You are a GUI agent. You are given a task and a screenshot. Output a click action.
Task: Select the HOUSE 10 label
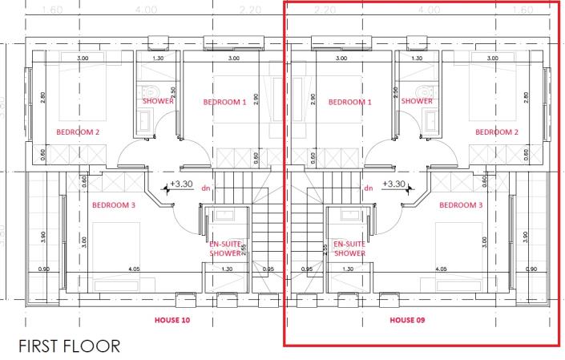click(x=175, y=319)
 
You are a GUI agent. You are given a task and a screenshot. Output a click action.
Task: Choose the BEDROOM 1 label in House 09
click(x=350, y=103)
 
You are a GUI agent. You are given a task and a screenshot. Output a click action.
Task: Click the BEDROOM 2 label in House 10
click(x=78, y=131)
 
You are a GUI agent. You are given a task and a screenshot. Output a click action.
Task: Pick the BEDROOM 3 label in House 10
click(x=115, y=204)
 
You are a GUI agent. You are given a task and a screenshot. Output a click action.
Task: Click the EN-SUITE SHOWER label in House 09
click(x=349, y=248)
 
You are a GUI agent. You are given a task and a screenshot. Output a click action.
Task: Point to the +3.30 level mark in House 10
click(x=181, y=184)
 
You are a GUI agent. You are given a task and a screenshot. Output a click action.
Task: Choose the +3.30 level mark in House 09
click(x=394, y=184)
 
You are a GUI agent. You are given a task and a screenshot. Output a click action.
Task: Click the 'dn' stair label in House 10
click(x=206, y=188)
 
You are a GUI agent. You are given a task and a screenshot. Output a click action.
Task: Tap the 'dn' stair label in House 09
click(x=369, y=188)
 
